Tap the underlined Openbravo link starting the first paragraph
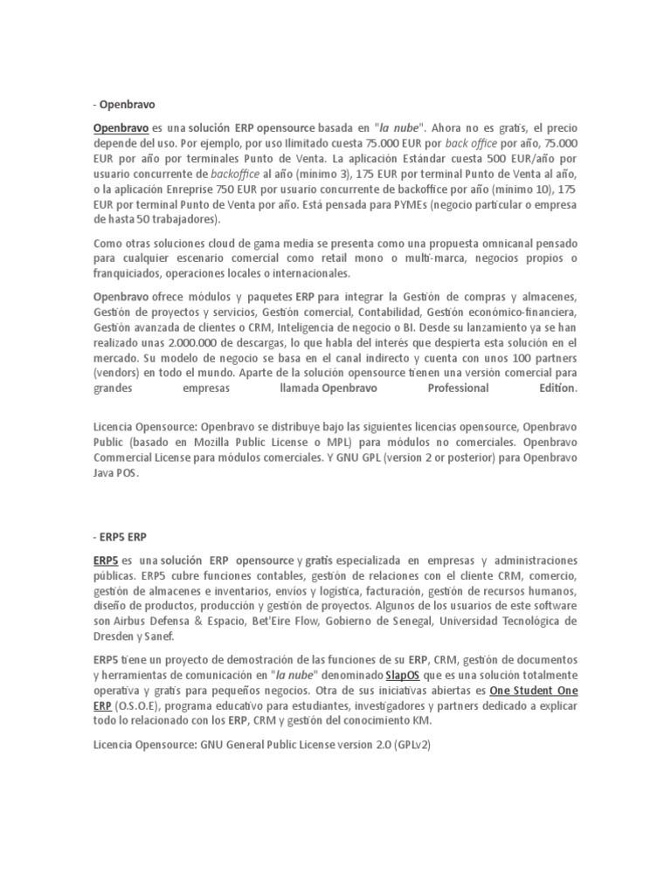pos(121,127)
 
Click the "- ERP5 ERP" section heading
pos(121,537)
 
